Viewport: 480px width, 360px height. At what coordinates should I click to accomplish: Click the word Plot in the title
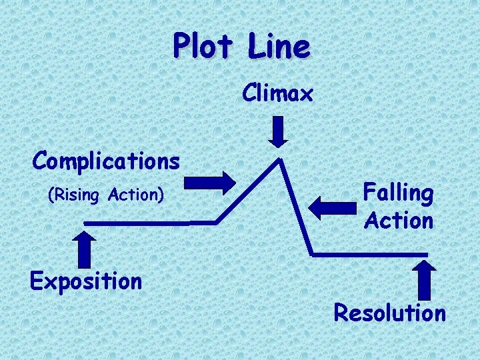click(x=201, y=47)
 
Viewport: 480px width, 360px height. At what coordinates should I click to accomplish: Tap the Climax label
click(x=277, y=94)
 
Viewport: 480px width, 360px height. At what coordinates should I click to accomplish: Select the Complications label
click(x=106, y=161)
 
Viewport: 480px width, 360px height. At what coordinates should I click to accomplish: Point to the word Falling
click(x=398, y=193)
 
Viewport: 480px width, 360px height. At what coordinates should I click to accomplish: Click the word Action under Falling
click(x=399, y=220)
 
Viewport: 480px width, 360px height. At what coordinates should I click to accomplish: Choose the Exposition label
click(x=86, y=281)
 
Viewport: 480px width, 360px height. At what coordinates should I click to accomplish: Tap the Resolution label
click(x=389, y=312)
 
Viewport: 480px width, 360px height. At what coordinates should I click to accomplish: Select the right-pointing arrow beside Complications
click(x=209, y=181)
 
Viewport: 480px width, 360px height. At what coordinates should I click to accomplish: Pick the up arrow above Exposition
click(x=85, y=248)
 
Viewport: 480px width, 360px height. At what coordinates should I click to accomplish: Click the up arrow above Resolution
click(x=425, y=279)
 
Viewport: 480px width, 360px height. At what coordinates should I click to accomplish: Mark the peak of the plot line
click(x=281, y=159)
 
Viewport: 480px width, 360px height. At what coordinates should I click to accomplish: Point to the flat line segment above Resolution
click(x=370, y=255)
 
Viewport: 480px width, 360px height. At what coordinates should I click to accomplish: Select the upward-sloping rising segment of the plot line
click(x=248, y=191)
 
